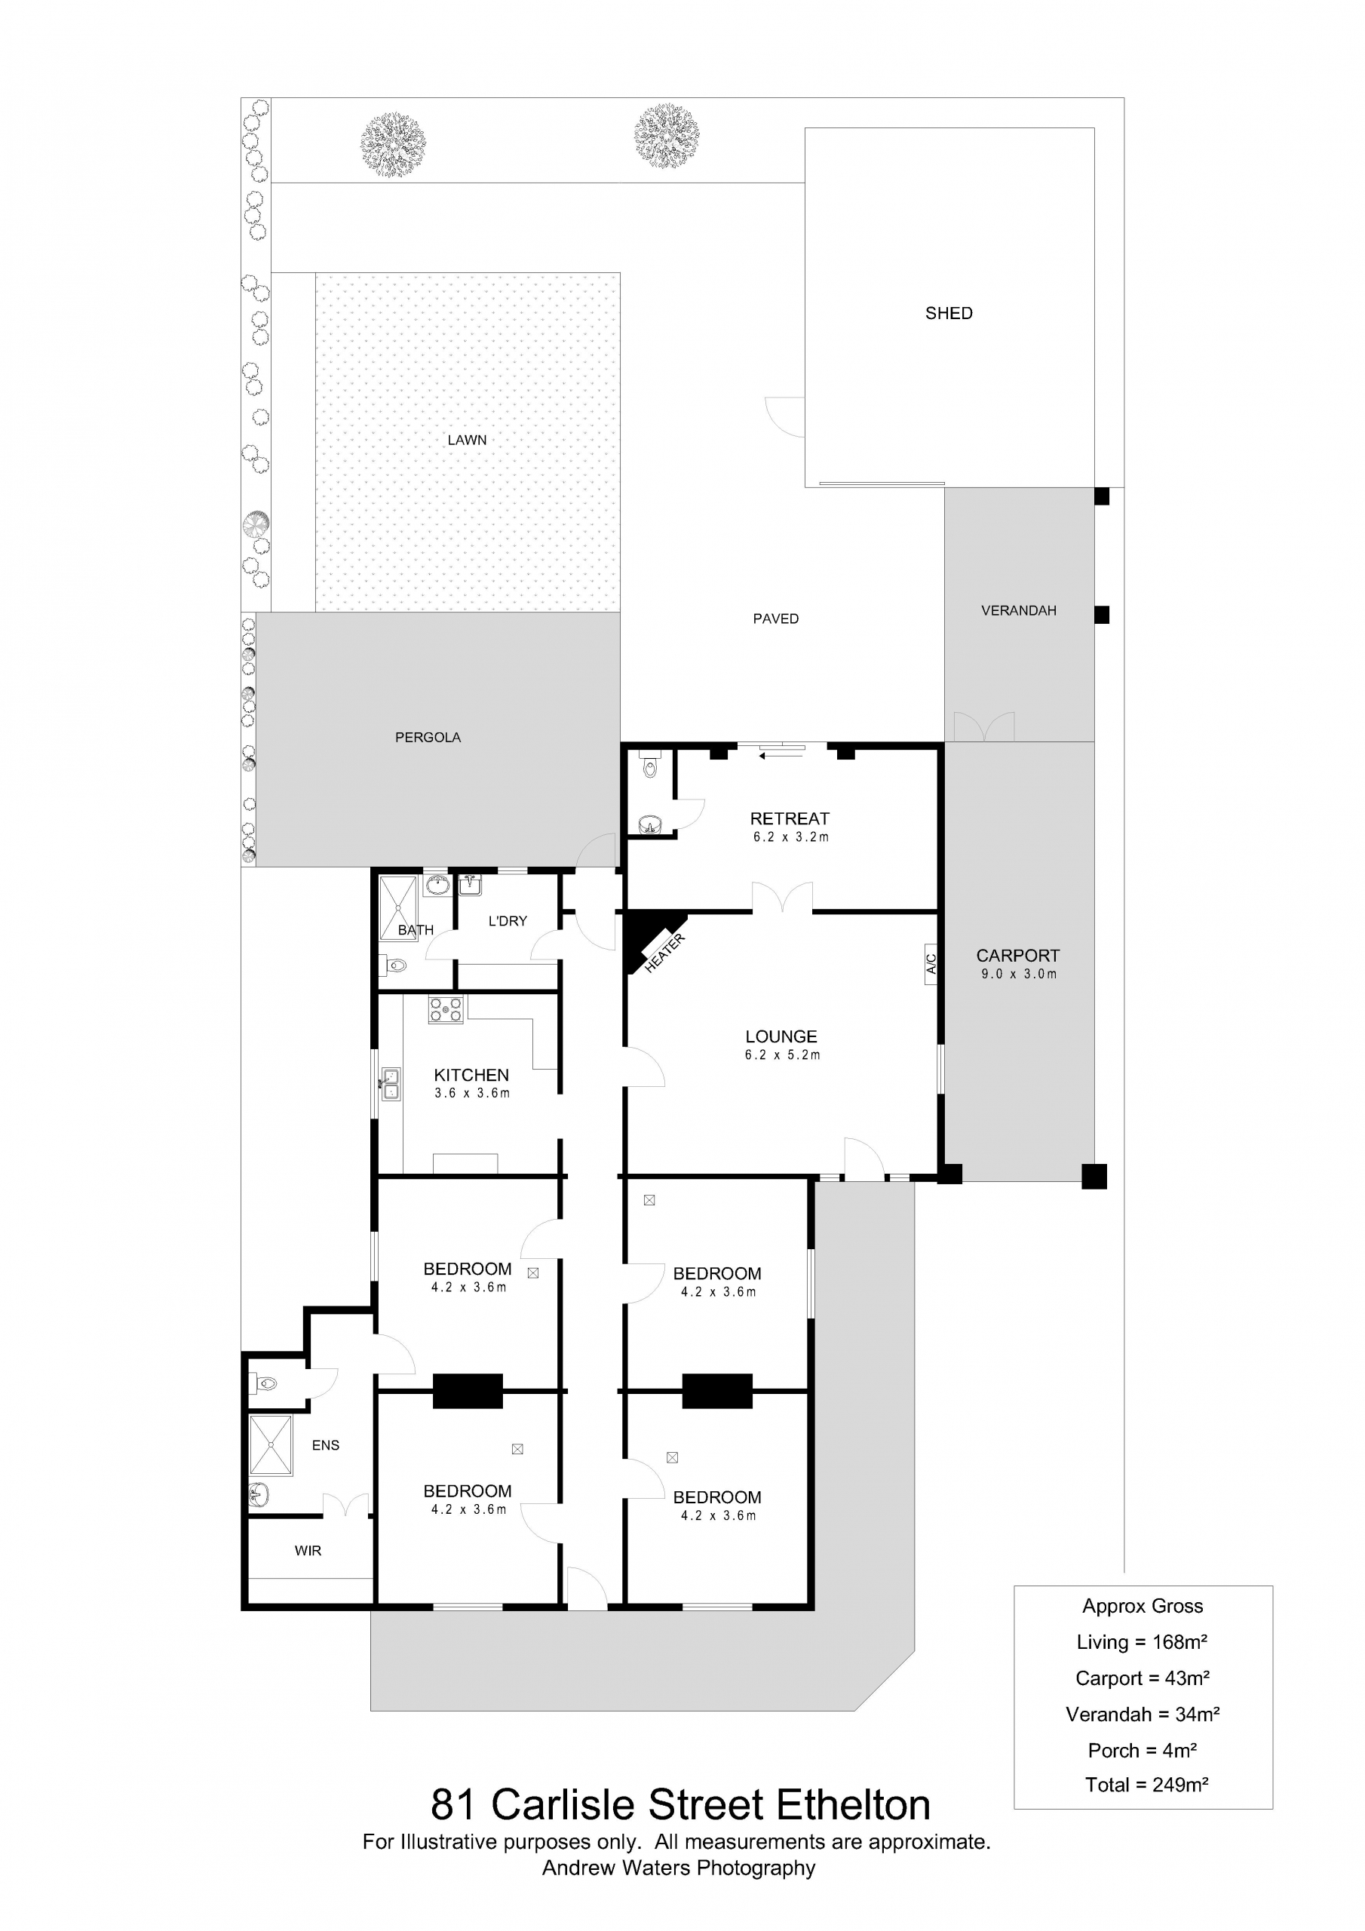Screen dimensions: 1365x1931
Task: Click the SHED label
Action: point(949,313)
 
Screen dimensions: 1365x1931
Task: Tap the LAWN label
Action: point(467,440)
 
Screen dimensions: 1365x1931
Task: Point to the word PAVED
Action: point(775,619)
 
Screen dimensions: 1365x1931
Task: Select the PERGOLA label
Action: point(428,738)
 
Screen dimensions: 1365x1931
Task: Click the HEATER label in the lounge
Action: point(664,953)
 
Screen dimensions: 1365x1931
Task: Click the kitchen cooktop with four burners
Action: point(446,1010)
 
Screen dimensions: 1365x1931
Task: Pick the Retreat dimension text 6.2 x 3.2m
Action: point(790,837)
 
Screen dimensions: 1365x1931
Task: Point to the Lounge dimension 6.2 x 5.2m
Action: point(782,1055)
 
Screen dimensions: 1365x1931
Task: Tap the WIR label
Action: point(308,1551)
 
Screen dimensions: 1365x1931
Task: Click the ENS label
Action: point(326,1445)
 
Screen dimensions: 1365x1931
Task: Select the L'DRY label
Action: point(507,921)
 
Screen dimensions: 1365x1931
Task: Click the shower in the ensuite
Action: point(271,1445)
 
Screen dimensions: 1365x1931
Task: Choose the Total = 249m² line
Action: point(1146,1784)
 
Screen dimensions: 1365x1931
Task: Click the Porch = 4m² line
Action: point(1142,1750)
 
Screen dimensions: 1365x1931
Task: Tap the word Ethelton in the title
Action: point(853,1805)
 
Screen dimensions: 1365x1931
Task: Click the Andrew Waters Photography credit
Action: point(679,1868)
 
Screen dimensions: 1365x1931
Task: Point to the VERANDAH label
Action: point(1019,610)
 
